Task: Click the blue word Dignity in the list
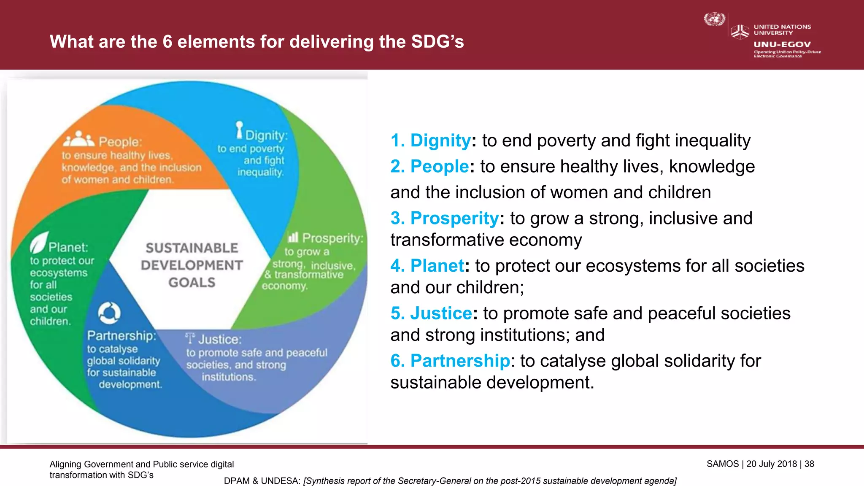[x=440, y=140]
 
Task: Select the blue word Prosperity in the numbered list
[x=454, y=218]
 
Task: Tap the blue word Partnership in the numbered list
[x=460, y=361]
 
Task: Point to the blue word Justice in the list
[x=441, y=313]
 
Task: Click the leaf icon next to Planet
[x=39, y=242]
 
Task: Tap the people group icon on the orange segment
[x=79, y=139]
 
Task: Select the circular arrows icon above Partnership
[x=109, y=313]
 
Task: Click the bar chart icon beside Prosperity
[x=293, y=237]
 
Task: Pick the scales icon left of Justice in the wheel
[x=191, y=338]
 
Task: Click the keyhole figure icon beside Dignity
[x=240, y=130]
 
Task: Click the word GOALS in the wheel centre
[x=192, y=282]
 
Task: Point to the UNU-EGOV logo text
[x=782, y=44]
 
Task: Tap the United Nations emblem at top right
[x=714, y=19]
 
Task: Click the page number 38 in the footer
[x=809, y=464]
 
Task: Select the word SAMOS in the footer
[x=723, y=464]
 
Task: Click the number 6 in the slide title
[x=167, y=42]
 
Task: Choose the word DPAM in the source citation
[x=237, y=481]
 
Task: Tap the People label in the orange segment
[x=120, y=142]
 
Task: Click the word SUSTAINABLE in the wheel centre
[x=192, y=248]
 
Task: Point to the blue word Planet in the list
[x=437, y=266]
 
